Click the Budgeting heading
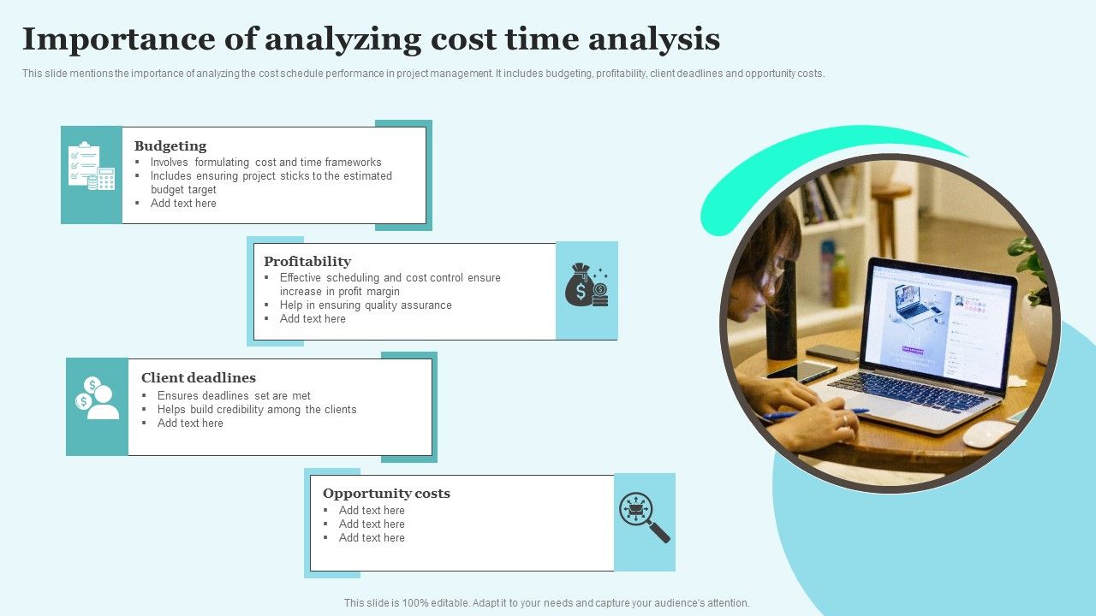point(170,146)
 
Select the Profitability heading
point(307,262)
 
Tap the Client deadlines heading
point(198,377)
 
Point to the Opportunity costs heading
point(386,494)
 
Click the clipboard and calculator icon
point(92,166)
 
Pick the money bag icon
point(587,285)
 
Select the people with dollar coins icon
point(97,398)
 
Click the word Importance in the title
point(119,40)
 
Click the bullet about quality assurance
point(366,305)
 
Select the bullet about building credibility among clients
point(256,409)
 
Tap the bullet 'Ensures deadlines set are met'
point(234,395)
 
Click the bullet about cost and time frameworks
point(265,162)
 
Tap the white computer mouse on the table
point(988,434)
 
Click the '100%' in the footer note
point(417,603)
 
